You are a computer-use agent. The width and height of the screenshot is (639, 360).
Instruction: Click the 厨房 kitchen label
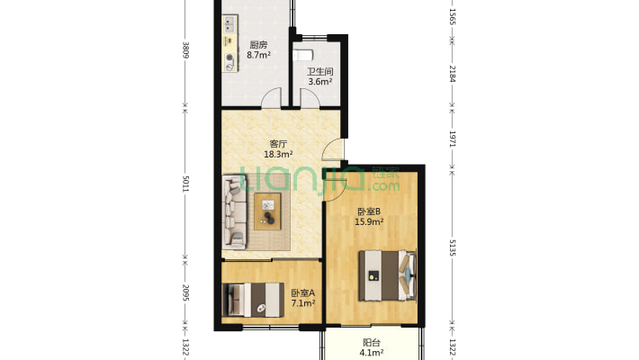coord(259,45)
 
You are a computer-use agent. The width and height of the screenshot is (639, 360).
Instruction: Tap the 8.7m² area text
coord(259,55)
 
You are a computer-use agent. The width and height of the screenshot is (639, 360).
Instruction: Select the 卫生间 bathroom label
coord(319,71)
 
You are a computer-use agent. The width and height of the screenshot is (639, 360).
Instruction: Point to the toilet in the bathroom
coord(302,55)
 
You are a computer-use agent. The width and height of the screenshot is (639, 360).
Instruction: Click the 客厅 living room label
coord(278,144)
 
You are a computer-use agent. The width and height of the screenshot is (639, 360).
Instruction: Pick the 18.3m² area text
coord(278,154)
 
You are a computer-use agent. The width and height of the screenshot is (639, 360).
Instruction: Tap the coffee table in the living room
coord(267,211)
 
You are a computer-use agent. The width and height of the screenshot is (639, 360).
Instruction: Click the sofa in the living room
coord(235,212)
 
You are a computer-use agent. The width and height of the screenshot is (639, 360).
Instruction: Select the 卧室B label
coord(369,211)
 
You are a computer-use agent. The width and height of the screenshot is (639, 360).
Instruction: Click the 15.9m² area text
coord(369,221)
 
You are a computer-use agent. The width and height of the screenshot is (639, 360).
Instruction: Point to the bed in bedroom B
coord(387,275)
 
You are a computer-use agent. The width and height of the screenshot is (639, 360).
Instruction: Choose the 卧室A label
coord(302,293)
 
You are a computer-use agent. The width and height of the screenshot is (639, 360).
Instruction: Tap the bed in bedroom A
coord(253,300)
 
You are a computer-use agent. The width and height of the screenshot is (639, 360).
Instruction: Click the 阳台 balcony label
coord(372,343)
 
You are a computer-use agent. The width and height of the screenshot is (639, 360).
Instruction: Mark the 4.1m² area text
coord(372,353)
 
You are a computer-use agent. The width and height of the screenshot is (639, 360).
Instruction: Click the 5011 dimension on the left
coord(185,184)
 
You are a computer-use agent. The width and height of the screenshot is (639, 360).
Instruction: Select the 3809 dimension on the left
coord(185,50)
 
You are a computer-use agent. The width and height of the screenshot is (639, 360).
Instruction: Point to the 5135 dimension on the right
coord(452,247)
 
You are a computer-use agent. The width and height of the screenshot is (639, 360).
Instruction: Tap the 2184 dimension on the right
coord(452,74)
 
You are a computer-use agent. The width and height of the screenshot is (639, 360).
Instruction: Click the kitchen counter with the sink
coord(230,43)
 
